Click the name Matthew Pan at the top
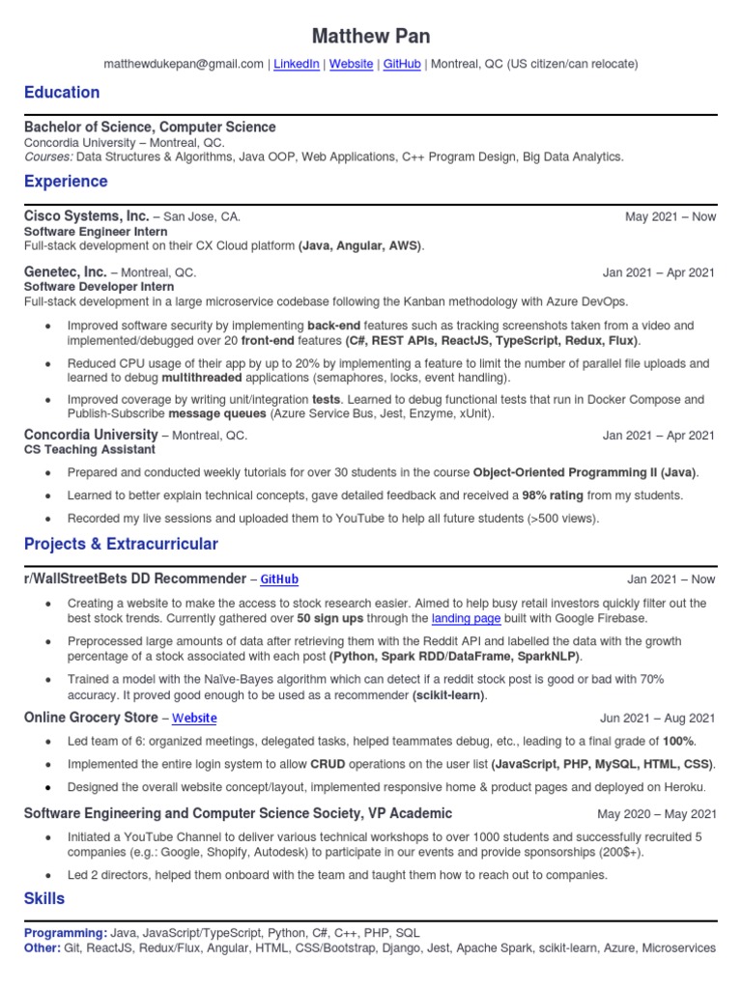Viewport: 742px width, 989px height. point(371,36)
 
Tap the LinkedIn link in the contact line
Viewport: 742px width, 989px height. point(297,64)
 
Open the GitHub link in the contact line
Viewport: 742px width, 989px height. point(402,64)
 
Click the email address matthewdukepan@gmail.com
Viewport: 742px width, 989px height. point(184,64)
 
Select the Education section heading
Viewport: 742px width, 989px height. point(62,93)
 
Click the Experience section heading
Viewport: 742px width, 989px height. point(66,182)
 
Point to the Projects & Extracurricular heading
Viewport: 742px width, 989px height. point(121,544)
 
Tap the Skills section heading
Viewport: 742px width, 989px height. point(44,898)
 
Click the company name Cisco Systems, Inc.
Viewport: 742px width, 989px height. point(86,216)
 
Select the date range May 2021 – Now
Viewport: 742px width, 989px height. point(671,217)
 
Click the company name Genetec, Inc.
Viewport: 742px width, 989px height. point(65,272)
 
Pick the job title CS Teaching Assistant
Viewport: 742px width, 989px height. point(89,449)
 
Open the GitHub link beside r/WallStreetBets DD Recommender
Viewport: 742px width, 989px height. point(279,579)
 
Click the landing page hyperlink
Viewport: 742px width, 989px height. point(466,618)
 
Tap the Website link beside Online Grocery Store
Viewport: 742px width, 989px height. point(194,718)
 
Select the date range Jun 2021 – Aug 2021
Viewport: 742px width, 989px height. point(658,718)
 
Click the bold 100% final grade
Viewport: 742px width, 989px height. point(677,741)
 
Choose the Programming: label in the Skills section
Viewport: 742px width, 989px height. point(66,934)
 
